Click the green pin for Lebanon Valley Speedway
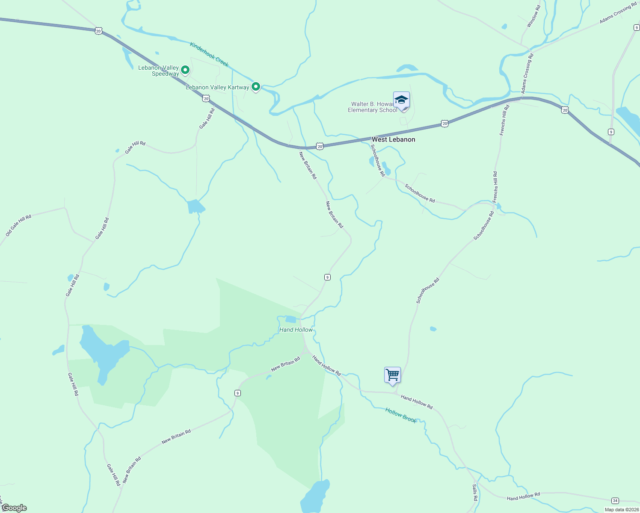coord(185,69)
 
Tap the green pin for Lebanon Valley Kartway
coord(256,86)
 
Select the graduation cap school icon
coord(401,100)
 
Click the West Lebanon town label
coord(393,139)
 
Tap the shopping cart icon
coord(392,375)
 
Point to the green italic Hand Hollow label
coord(296,330)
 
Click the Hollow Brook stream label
coord(400,415)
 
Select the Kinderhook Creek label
coord(209,54)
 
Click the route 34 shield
coord(615,501)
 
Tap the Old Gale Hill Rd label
coord(18,226)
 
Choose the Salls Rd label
coord(475,492)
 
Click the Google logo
coord(14,508)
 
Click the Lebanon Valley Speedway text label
coord(159,71)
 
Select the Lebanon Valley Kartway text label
coord(217,87)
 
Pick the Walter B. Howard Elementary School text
coord(372,107)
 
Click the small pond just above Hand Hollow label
coord(291,319)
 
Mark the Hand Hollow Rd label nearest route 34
coord(523,496)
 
